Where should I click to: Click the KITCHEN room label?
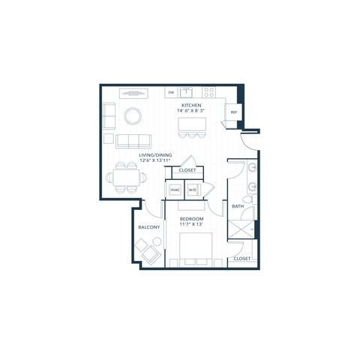191,105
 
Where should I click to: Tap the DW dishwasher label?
171,92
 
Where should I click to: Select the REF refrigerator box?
232,112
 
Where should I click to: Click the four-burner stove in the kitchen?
209,92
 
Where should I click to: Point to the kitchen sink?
186,92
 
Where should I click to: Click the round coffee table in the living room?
133,116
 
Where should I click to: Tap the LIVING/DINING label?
155,155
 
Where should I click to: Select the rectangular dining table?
126,178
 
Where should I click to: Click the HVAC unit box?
175,190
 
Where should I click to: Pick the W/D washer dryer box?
193,190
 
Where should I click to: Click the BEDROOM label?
191,219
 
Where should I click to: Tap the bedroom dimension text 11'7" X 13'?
191,224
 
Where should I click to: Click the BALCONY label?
149,227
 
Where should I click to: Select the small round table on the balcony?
157,241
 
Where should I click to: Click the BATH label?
238,206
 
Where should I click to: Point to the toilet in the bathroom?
250,199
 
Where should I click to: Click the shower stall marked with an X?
241,229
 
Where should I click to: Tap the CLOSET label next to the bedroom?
242,259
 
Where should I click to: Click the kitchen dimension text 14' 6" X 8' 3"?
191,110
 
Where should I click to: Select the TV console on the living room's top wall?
133,94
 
